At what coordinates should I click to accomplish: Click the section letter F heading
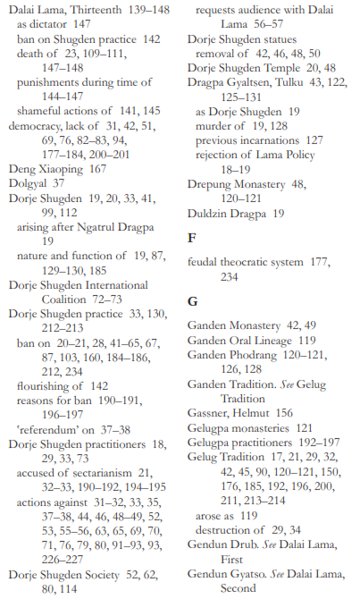tap(191, 239)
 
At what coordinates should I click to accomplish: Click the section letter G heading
tap(192, 302)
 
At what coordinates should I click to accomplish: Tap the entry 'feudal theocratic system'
tap(252, 262)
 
